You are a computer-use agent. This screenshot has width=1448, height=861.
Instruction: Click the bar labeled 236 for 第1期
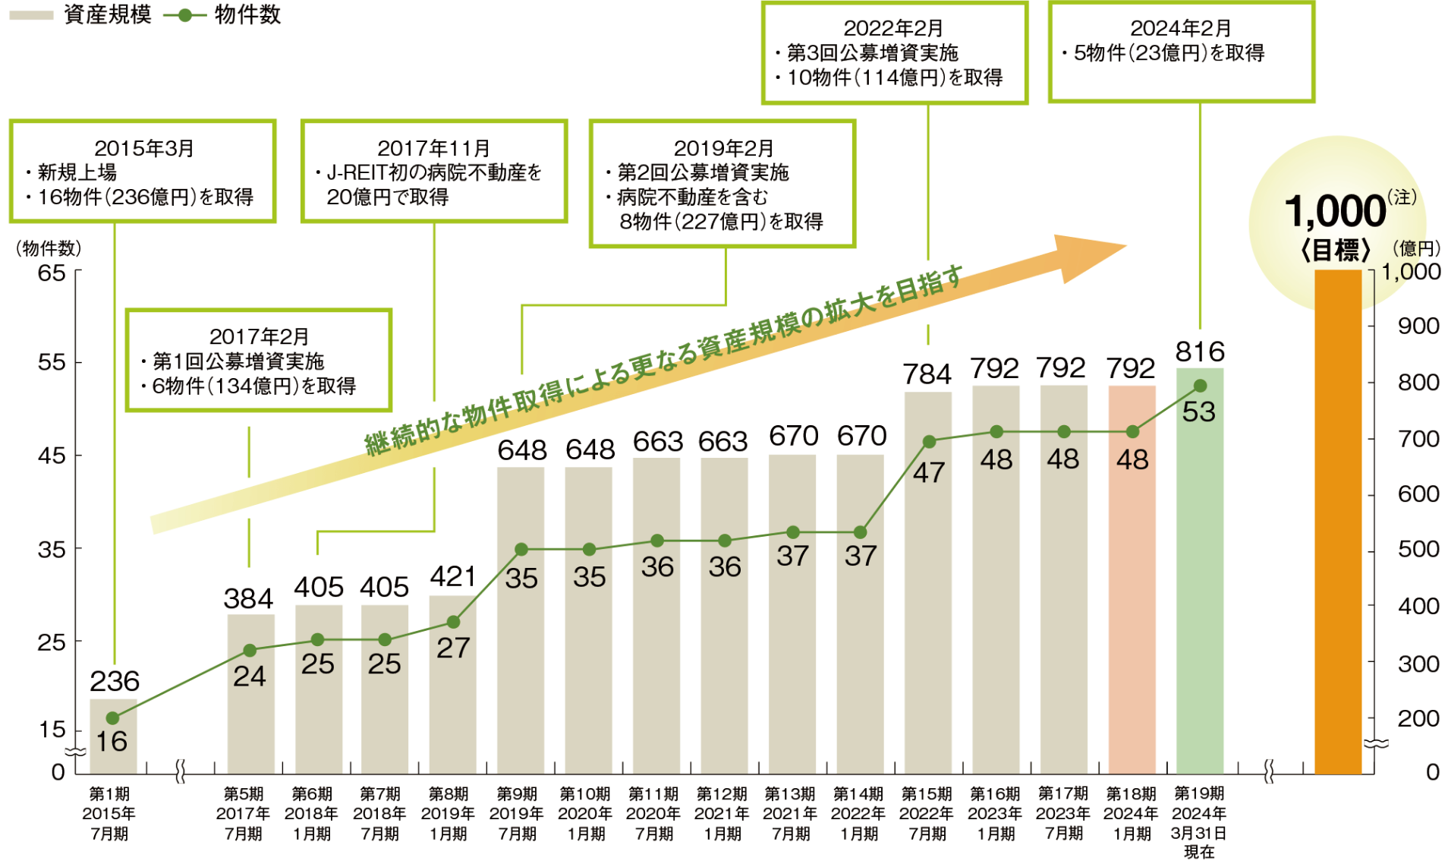coord(113,736)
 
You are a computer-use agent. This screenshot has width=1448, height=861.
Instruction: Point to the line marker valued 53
coord(1200,386)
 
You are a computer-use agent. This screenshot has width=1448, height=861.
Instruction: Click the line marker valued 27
coord(453,622)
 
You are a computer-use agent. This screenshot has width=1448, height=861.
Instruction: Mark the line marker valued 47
coord(929,441)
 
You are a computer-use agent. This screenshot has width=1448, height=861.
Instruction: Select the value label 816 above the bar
coord(1200,352)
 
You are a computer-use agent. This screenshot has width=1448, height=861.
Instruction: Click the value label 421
coord(453,577)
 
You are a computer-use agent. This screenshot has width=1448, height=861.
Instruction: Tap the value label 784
coord(927,374)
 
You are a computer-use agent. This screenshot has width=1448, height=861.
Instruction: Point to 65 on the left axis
coord(52,273)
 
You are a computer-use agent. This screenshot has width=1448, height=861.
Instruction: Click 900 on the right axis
coord(1418,326)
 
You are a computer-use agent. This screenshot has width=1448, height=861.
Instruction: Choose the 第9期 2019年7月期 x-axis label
coord(517,814)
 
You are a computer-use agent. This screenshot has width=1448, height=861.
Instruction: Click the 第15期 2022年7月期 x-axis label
coord(927,814)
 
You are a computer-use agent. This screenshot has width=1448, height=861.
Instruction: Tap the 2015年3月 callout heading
coord(143,148)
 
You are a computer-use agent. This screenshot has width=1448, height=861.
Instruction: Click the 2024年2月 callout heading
coord(1180,28)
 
